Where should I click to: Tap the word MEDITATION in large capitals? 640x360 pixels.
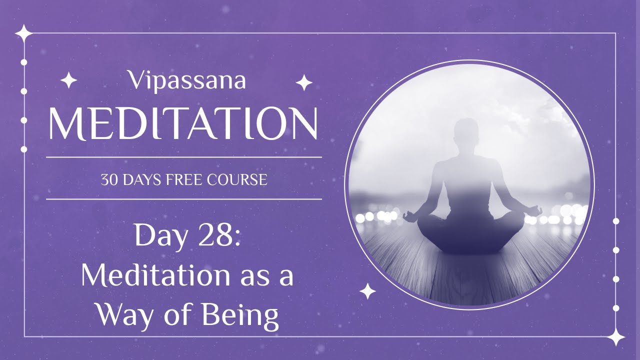pyautogui.click(x=183, y=124)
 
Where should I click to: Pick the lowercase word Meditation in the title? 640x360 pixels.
pyautogui.click(x=145, y=276)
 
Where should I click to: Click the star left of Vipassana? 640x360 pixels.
pyautogui.click(x=68, y=80)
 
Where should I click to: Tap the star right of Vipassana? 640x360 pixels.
pyautogui.click(x=304, y=82)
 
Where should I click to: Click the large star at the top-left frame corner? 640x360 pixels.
pyautogui.click(x=23, y=33)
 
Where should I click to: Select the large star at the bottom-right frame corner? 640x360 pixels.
pyautogui.click(x=615, y=337)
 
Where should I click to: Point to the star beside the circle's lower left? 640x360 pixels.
pyautogui.click(x=367, y=291)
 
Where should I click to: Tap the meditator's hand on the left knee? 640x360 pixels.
pyautogui.click(x=410, y=216)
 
